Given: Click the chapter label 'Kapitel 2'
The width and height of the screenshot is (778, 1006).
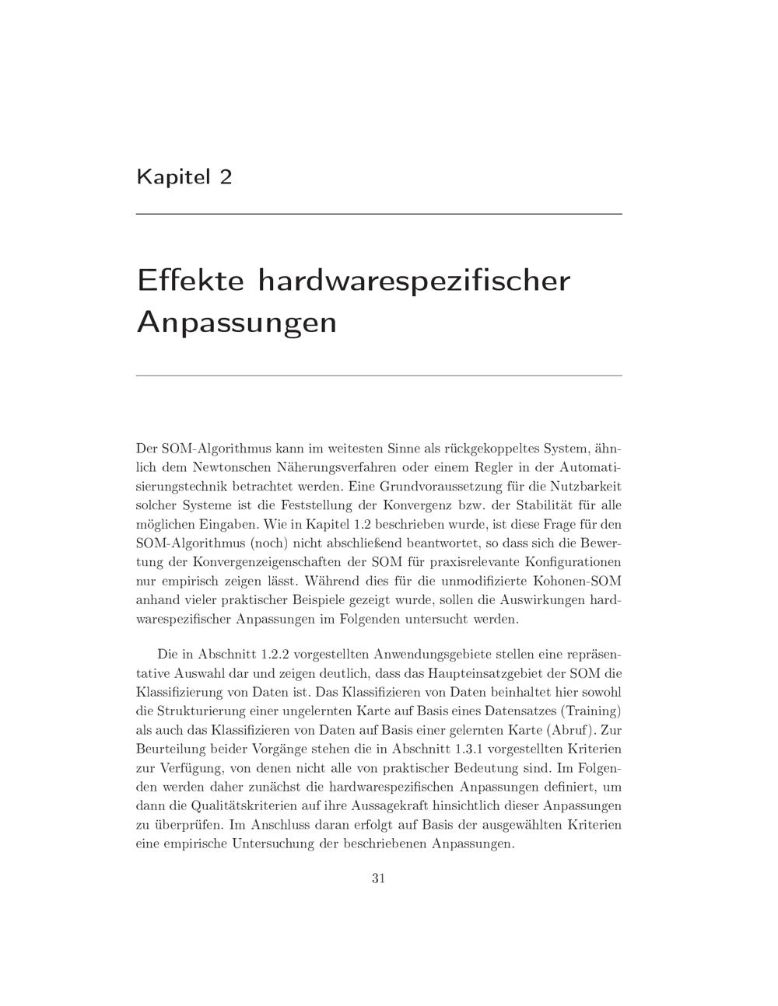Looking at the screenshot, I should tap(184, 177).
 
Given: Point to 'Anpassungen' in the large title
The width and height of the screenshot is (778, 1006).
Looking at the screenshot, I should tap(237, 321).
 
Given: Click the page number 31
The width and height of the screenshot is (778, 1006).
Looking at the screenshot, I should tap(379, 879).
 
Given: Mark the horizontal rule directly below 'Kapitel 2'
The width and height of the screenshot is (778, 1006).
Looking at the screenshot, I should tap(379, 214).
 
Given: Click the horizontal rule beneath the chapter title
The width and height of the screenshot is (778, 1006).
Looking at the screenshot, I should tap(379, 376).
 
